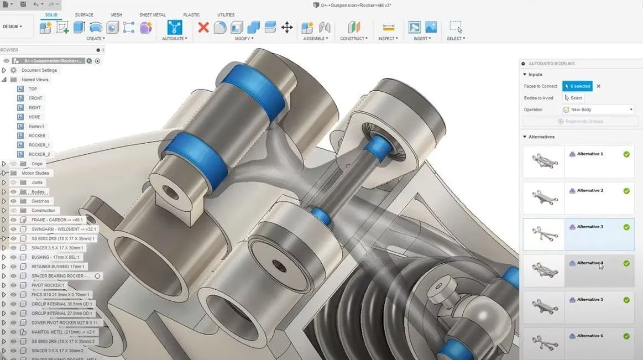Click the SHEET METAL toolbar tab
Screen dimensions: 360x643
click(x=152, y=15)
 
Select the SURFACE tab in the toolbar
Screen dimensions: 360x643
click(x=84, y=15)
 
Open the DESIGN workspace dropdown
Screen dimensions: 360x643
click(x=13, y=27)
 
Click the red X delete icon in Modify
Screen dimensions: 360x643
click(x=203, y=27)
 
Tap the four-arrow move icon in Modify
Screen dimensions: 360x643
click(x=287, y=27)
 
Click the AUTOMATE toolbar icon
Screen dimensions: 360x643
click(x=175, y=27)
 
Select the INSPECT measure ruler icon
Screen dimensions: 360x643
click(x=389, y=27)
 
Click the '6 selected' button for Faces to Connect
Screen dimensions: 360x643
click(x=577, y=86)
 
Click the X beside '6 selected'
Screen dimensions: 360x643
click(x=598, y=86)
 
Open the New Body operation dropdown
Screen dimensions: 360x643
click(x=598, y=109)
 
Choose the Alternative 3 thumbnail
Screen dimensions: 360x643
click(x=543, y=233)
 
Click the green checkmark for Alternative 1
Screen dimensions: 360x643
click(x=626, y=154)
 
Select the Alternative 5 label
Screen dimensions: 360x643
click(x=590, y=300)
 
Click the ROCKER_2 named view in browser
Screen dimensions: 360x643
click(x=39, y=154)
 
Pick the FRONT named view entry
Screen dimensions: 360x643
click(x=35, y=98)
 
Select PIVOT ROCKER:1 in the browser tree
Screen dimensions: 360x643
click(x=48, y=285)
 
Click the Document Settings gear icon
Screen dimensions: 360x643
click(x=14, y=70)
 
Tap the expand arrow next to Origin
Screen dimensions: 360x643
click(x=4, y=164)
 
